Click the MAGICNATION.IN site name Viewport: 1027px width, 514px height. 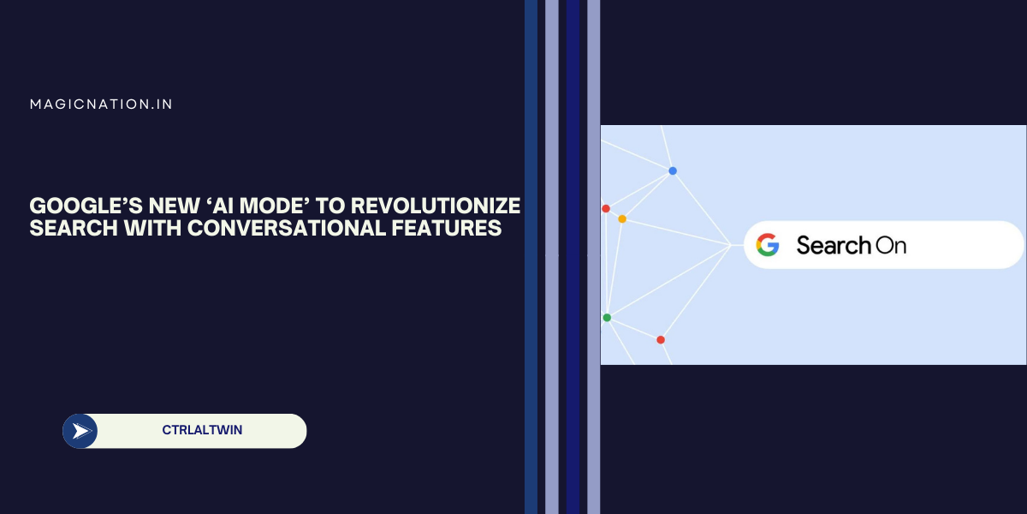(101, 105)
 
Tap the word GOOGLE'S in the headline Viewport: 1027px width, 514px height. (86, 206)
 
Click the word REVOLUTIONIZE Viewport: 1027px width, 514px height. (435, 206)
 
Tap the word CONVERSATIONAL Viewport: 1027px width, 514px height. (286, 228)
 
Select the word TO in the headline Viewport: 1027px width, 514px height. (330, 206)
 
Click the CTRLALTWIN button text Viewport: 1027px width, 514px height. (202, 430)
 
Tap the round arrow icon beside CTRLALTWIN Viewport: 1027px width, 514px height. (80, 431)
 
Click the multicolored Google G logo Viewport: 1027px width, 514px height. (768, 245)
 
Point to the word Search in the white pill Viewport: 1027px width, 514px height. (834, 245)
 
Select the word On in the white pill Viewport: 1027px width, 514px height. (891, 246)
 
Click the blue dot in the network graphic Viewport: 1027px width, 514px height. (673, 170)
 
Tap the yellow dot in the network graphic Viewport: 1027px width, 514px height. (622, 219)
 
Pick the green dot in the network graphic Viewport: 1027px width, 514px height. (607, 318)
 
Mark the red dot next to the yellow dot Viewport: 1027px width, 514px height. (606, 209)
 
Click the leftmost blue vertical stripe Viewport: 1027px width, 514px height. (531, 257)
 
